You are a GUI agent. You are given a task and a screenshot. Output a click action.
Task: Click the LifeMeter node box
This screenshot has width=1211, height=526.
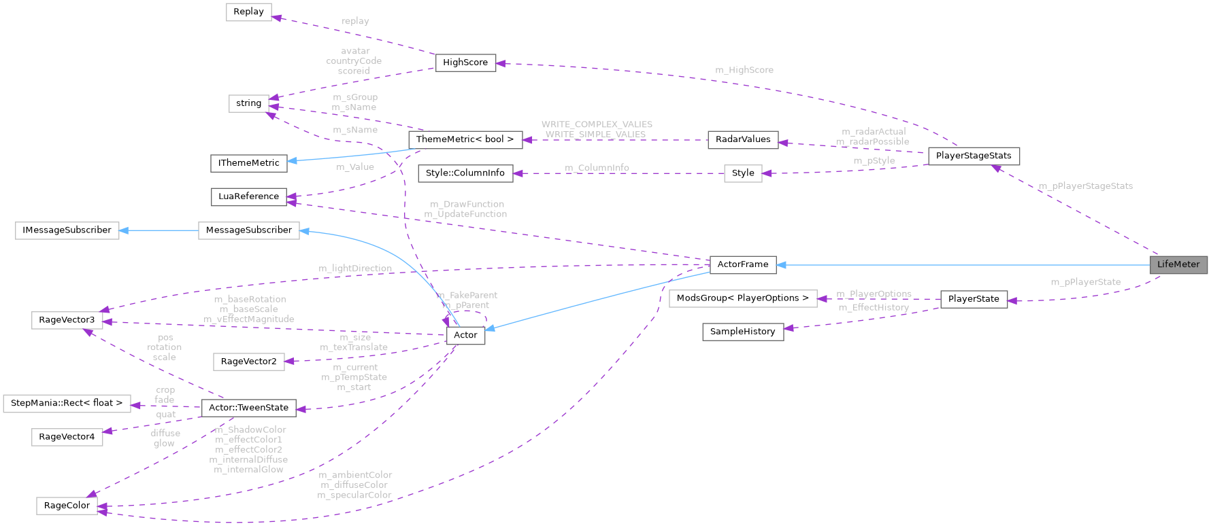(1178, 264)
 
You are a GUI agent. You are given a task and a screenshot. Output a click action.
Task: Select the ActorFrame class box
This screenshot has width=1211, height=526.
(742, 264)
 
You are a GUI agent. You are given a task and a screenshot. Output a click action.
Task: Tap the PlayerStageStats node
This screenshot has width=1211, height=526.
(974, 156)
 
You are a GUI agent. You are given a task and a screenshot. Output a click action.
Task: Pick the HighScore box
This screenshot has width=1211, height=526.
(465, 63)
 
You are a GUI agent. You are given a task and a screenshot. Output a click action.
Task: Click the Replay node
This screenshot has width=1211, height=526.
(248, 12)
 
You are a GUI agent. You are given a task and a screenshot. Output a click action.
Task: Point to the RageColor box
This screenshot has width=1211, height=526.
(67, 506)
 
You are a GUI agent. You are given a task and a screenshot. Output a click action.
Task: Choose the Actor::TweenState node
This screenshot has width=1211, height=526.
(248, 408)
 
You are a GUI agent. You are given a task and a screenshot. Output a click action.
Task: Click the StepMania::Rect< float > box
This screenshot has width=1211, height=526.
(67, 403)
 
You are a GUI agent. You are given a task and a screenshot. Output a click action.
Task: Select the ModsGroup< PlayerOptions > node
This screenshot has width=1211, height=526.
(742, 298)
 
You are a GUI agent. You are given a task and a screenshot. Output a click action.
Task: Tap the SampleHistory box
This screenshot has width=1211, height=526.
(742, 332)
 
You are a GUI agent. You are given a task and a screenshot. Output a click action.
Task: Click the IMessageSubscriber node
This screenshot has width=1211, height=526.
(67, 230)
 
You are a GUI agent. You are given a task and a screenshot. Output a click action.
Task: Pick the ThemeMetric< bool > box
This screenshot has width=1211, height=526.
(465, 139)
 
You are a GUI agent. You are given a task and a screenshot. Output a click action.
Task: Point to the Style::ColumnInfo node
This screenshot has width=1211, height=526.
(465, 173)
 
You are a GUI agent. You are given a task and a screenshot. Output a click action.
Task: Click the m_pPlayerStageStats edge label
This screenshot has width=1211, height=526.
(1085, 186)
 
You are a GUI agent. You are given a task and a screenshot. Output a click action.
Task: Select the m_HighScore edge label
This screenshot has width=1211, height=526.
(744, 70)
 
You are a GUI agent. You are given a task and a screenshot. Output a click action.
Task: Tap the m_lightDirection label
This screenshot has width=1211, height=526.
(355, 268)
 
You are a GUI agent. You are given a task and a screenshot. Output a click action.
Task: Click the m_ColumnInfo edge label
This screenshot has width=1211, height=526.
(597, 168)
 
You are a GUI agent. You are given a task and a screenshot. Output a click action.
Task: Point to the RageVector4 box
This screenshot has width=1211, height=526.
(67, 437)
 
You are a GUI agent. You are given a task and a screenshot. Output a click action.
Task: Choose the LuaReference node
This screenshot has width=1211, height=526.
(248, 196)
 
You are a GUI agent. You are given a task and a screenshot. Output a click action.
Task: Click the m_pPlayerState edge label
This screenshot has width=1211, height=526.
(1085, 282)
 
